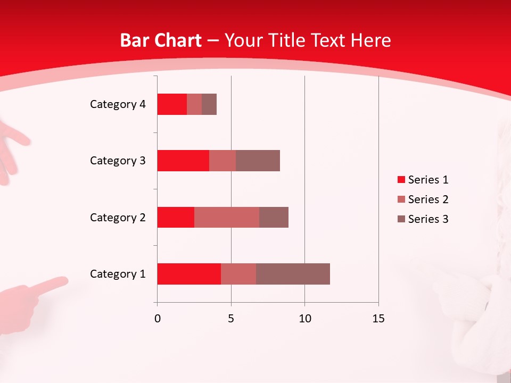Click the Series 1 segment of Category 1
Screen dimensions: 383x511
tap(189, 274)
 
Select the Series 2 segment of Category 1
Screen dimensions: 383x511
tap(238, 274)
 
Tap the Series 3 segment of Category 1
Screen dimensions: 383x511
tap(293, 274)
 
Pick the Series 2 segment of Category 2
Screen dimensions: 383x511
tap(227, 217)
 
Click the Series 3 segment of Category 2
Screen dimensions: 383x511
tap(274, 217)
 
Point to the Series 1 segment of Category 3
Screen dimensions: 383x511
tap(183, 161)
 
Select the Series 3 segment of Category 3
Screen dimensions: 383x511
tap(258, 161)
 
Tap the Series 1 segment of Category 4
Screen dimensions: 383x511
tap(172, 104)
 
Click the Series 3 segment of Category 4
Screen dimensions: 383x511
tap(209, 104)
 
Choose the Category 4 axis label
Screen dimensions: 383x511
tap(118, 104)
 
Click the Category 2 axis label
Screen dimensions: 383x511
tap(118, 217)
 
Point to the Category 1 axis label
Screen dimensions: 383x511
tap(118, 274)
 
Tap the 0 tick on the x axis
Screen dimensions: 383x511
tap(157, 319)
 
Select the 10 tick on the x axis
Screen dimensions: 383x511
tap(304, 319)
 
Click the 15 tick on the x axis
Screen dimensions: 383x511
tap(378, 319)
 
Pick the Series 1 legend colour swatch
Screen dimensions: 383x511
tap(401, 180)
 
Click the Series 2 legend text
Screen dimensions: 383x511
tap(428, 199)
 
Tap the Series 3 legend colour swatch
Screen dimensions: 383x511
tap(401, 219)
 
